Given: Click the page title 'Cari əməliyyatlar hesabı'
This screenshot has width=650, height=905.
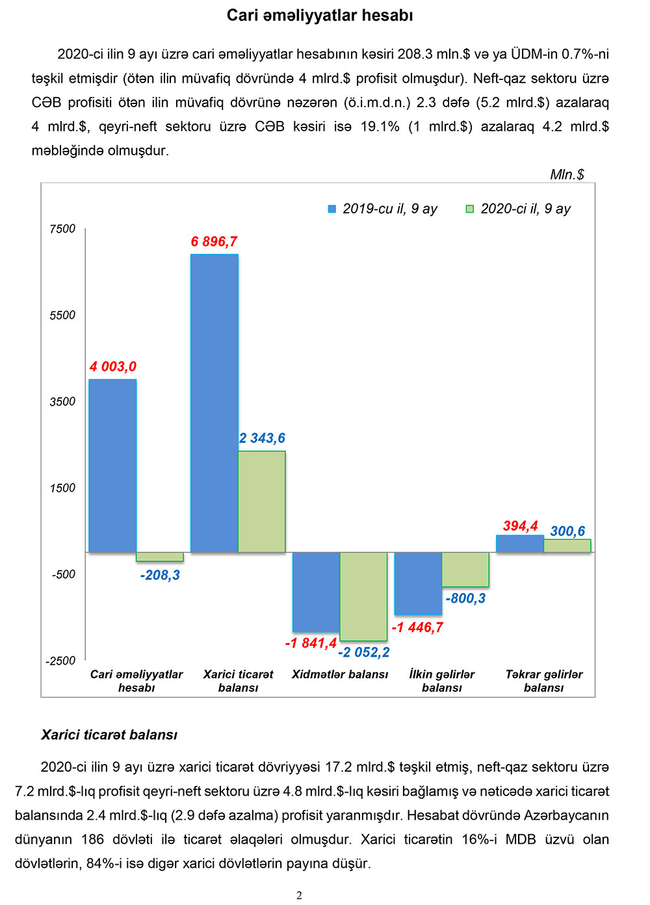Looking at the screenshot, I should pyautogui.click(x=320, y=16).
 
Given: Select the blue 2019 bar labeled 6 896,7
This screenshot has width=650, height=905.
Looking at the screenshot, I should pyautogui.click(x=214, y=403).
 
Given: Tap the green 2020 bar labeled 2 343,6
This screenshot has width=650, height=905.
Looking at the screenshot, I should pyautogui.click(x=261, y=501).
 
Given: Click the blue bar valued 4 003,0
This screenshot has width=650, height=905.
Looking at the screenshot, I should pyautogui.click(x=112, y=466).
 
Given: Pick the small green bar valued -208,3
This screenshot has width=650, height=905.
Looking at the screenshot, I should pyautogui.click(x=159, y=557).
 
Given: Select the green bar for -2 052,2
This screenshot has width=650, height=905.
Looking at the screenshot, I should pyautogui.click(x=363, y=596).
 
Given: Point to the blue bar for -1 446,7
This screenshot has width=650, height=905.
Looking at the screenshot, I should pyautogui.click(x=418, y=583).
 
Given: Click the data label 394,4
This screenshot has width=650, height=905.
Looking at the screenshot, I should pyautogui.click(x=520, y=526).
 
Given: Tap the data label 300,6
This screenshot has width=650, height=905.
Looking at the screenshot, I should pyautogui.click(x=567, y=531).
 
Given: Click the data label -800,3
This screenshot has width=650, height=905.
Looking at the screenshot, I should pyautogui.click(x=465, y=598).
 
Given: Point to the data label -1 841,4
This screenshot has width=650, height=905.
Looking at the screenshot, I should pyautogui.click(x=311, y=643).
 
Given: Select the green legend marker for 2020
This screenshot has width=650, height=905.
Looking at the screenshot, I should pyautogui.click(x=470, y=209).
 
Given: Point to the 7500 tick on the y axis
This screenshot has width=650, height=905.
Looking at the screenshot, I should pyautogui.click(x=62, y=229).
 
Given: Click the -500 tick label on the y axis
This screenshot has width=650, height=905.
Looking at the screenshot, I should pyautogui.click(x=64, y=574).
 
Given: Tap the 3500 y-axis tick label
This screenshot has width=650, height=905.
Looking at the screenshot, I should pyautogui.click(x=62, y=402).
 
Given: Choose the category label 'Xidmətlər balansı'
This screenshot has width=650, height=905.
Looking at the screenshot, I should pyautogui.click(x=340, y=674).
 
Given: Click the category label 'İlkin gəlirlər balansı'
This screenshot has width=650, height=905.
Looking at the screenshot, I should pyautogui.click(x=442, y=681).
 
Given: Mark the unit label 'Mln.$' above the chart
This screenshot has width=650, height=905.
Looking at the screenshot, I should pyautogui.click(x=567, y=174).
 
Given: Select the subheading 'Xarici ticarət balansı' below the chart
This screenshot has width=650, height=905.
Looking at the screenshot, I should pyautogui.click(x=109, y=735).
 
